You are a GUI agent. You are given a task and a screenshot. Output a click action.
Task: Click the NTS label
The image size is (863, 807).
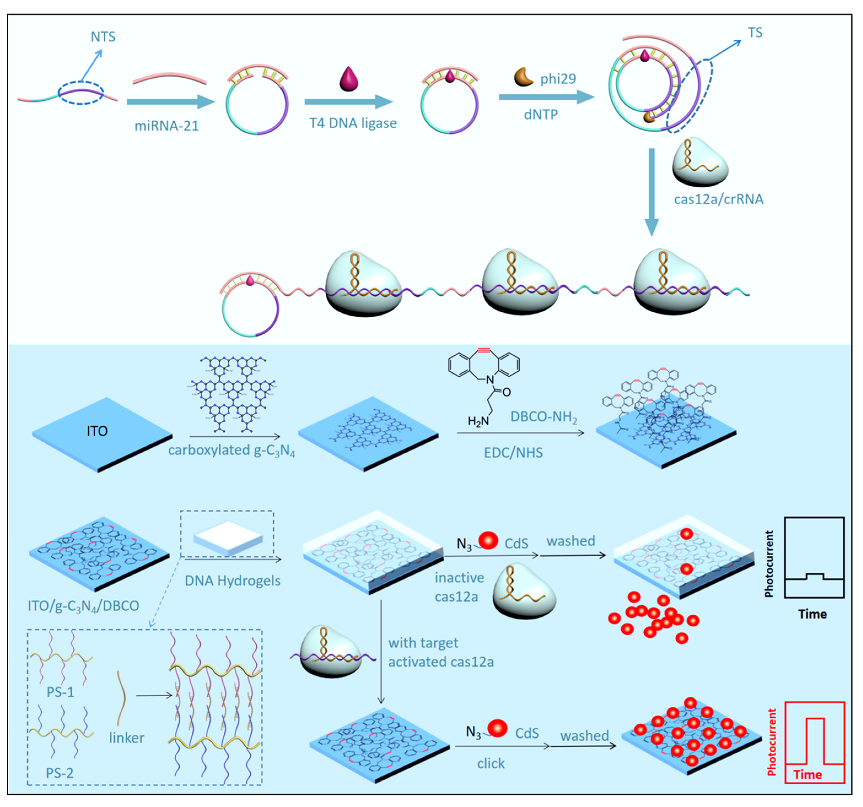point(103,37)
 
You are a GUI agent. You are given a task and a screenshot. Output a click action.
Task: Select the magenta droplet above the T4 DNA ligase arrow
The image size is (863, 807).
point(349,79)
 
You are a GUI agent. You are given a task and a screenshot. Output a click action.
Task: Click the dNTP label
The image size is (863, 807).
point(540,115)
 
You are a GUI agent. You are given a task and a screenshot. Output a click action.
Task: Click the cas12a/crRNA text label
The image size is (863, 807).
point(718,199)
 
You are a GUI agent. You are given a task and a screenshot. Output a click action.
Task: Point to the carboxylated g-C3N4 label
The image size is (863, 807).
point(231,450)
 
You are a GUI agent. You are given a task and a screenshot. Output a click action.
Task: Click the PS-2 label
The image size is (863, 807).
point(60,773)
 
